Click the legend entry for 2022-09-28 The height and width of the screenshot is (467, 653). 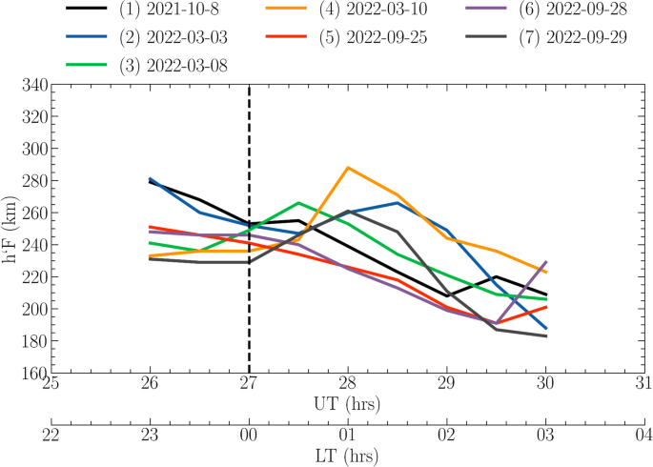pos(566,10)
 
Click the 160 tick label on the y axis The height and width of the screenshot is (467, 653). pos(34,374)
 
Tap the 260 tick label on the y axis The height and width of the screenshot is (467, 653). pos(34,213)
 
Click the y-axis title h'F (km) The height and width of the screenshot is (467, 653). pos(10,229)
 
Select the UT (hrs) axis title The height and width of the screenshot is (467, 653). pos(348,404)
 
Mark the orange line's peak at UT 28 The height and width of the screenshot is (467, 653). pos(348,167)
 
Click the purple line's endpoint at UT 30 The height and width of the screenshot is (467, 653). pos(546,261)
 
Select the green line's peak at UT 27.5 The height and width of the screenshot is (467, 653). pos(298,202)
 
